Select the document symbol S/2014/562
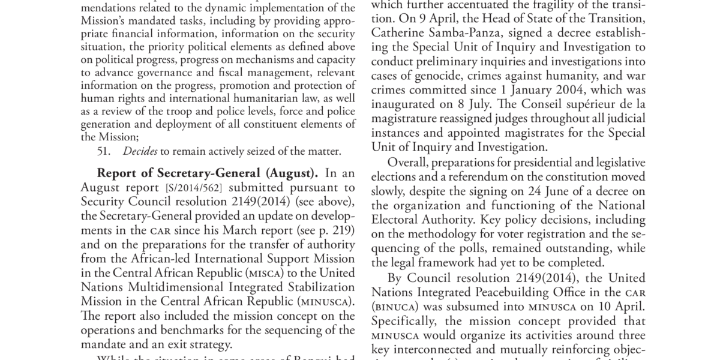161,187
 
